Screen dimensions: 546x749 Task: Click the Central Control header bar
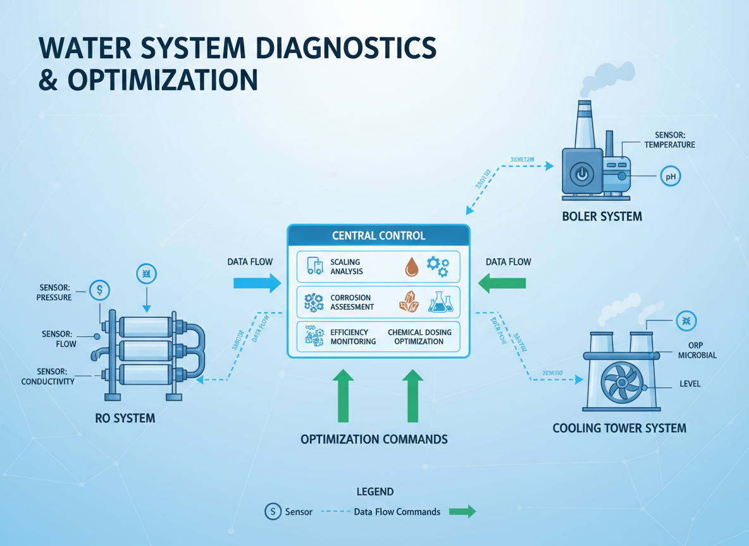pyautogui.click(x=378, y=236)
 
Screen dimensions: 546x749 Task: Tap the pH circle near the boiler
pyautogui.click(x=671, y=177)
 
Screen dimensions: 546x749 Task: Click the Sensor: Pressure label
pyautogui.click(x=55, y=292)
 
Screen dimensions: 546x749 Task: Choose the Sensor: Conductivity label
pyautogui.click(x=47, y=376)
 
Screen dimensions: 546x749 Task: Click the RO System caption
pyautogui.click(x=124, y=418)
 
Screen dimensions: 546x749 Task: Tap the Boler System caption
pyautogui.click(x=602, y=217)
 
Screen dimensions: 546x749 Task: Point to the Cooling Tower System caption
pyautogui.click(x=619, y=428)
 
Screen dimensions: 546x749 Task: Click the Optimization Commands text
pyautogui.click(x=374, y=439)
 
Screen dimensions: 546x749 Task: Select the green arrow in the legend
pyautogui.click(x=462, y=511)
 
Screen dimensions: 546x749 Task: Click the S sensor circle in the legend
pyautogui.click(x=273, y=511)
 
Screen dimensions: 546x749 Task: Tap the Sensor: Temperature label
pyautogui.click(x=669, y=140)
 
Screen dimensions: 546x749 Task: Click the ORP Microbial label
pyautogui.click(x=697, y=350)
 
